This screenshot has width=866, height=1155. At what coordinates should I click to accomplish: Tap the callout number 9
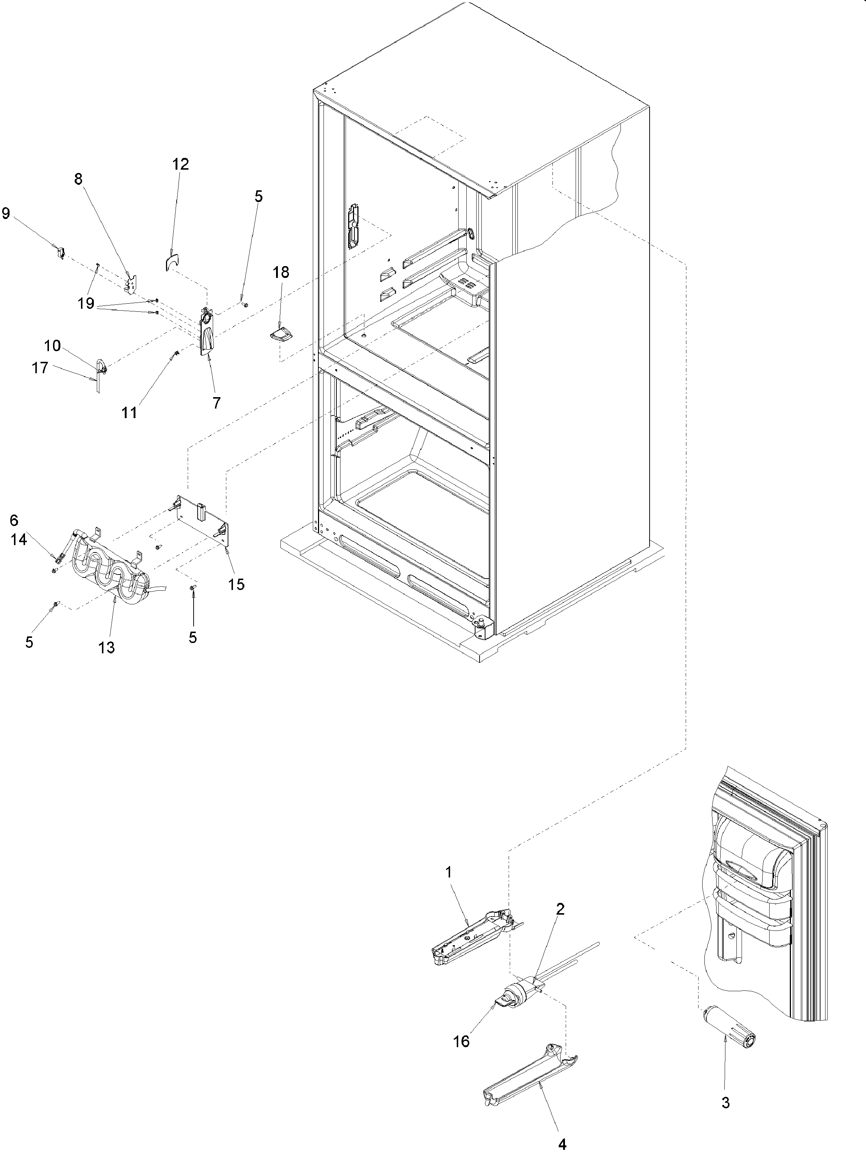6,213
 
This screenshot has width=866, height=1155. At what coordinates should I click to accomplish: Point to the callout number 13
106,647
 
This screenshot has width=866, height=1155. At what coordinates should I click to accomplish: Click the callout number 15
236,584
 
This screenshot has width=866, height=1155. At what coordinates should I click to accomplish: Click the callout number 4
562,1144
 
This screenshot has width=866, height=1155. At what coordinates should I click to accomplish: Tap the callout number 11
130,413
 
